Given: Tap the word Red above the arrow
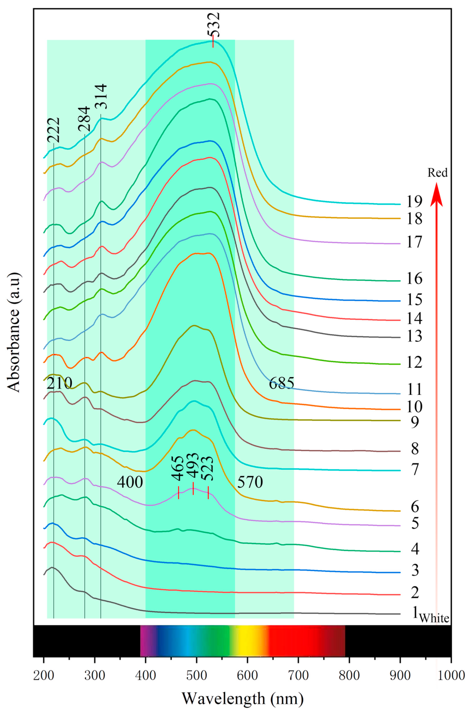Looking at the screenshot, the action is pyautogui.click(x=437, y=173).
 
